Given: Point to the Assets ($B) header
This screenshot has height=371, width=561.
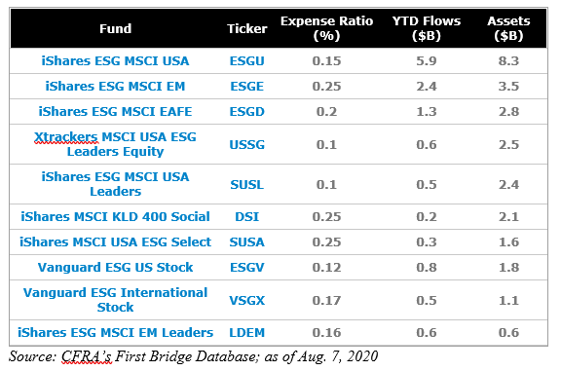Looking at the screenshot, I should [x=507, y=28].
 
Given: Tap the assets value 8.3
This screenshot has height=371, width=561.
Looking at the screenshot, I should [x=507, y=60].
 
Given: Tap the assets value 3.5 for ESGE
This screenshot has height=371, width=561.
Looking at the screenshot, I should [x=507, y=86].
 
